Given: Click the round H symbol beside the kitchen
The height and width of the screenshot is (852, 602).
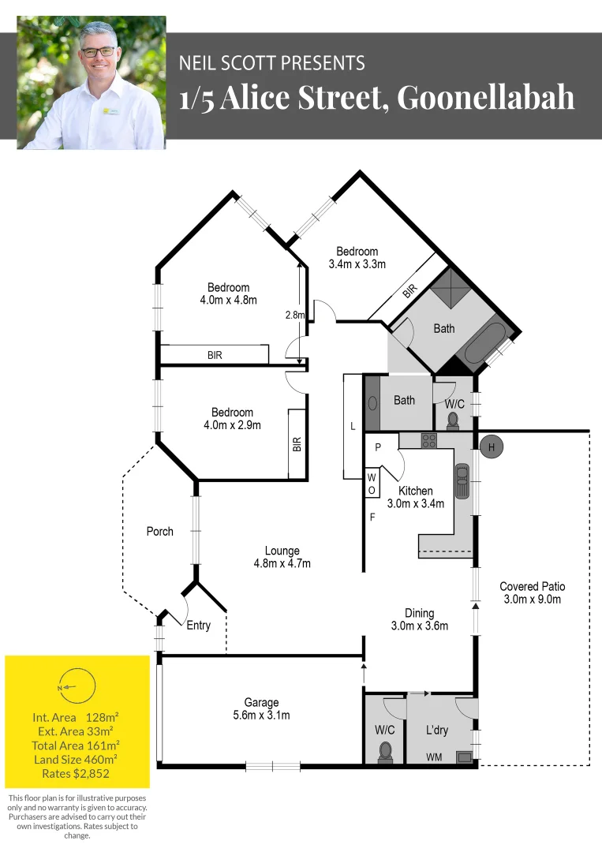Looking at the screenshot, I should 492,447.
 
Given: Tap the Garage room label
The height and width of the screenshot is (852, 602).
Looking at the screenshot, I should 261,709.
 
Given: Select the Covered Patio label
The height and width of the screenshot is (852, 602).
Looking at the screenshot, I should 533,592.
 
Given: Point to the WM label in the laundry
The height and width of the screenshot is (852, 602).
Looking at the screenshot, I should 434,757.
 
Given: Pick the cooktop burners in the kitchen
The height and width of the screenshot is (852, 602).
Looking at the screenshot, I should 429,441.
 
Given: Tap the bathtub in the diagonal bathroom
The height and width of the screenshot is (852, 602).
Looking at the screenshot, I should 485,341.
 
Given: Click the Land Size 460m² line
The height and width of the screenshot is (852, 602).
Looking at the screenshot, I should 75,758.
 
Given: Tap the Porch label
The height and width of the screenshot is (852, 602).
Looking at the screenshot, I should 160,532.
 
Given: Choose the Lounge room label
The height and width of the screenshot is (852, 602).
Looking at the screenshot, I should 282,557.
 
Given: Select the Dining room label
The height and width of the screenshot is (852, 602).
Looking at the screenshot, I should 420,619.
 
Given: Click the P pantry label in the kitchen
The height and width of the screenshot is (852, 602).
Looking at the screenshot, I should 378,447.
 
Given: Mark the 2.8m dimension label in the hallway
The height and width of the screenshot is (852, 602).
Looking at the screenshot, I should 294,315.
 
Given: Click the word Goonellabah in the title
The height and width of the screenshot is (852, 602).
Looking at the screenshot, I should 485,99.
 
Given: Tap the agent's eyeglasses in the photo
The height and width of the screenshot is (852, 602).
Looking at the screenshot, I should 98,52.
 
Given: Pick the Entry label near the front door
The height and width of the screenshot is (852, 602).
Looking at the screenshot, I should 199,626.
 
